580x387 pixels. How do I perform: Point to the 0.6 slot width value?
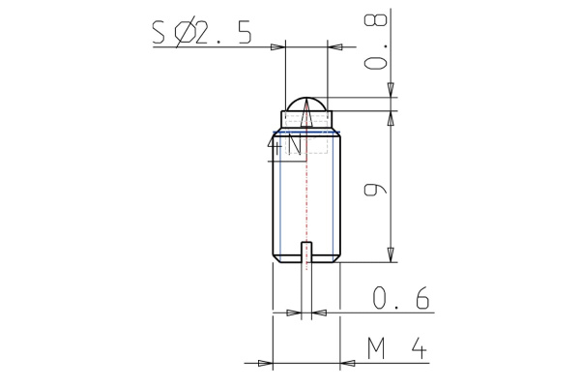point(401,300)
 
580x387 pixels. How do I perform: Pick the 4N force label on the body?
point(287,147)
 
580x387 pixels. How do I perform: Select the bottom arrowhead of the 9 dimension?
point(391,253)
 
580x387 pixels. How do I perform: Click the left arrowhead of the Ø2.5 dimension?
point(278,46)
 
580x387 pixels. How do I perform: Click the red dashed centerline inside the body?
point(306,193)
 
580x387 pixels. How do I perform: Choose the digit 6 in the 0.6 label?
point(420,300)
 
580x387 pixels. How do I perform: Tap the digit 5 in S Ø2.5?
point(242,33)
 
